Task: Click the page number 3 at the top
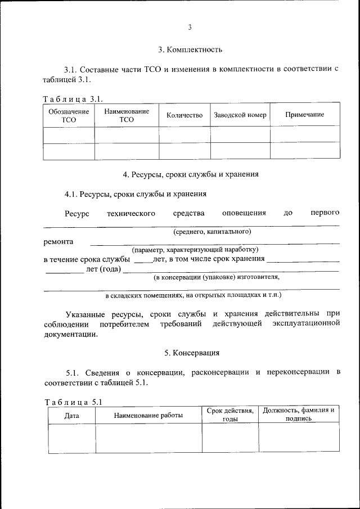click(x=190, y=28)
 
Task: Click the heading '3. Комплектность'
click(x=190, y=49)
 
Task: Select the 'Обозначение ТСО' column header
click(x=69, y=115)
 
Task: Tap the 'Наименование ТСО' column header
click(x=127, y=115)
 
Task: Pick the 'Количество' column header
click(x=184, y=115)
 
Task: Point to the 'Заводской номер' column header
click(x=240, y=115)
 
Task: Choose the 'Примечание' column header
click(x=304, y=115)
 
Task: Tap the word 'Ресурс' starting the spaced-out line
click(x=77, y=213)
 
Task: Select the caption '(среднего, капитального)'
click(x=212, y=231)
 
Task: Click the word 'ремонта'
click(x=58, y=241)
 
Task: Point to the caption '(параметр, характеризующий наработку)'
click(x=195, y=249)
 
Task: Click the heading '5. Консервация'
click(x=192, y=353)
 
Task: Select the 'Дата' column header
click(x=71, y=416)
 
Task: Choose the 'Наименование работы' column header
click(x=148, y=416)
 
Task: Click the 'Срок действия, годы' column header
click(x=230, y=415)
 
